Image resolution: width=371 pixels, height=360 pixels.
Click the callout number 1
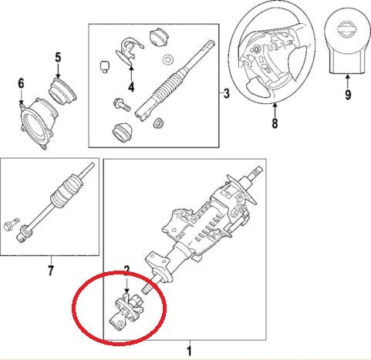(x=190, y=352)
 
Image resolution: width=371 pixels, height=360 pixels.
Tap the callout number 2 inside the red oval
(x=126, y=269)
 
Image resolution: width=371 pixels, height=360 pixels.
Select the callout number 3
(x=226, y=93)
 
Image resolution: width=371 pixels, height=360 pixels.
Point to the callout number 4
(x=131, y=87)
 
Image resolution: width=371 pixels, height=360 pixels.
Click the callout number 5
(x=58, y=57)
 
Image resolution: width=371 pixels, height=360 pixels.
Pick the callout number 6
(x=21, y=84)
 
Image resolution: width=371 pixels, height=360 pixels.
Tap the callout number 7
(x=51, y=271)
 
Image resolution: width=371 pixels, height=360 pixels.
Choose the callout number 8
(x=275, y=123)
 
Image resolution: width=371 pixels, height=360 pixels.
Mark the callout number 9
(x=348, y=95)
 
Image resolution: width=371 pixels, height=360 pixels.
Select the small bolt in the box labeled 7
(x=12, y=224)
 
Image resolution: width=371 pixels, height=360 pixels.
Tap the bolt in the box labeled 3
(x=122, y=105)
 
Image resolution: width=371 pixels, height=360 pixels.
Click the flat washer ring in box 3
(x=168, y=59)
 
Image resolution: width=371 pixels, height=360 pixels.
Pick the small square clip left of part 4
(x=104, y=66)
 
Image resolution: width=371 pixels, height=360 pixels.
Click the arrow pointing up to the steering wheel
(x=275, y=109)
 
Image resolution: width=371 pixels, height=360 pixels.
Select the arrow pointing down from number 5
(x=58, y=70)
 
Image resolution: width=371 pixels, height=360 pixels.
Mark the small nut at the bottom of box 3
(x=158, y=123)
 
